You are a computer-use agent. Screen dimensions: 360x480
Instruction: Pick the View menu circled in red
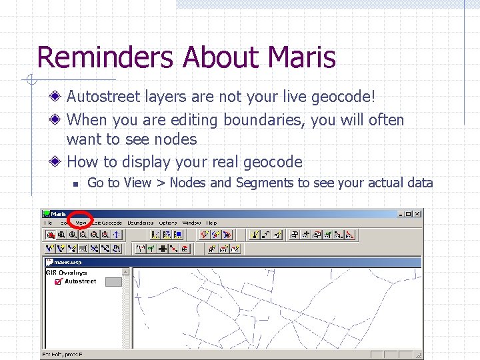[81, 223]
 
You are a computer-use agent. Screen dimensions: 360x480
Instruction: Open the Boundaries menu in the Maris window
[141, 223]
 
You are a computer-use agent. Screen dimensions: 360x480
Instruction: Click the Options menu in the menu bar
[168, 223]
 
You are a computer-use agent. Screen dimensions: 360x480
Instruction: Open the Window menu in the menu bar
[192, 223]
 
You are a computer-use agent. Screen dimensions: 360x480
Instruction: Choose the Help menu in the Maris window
[211, 223]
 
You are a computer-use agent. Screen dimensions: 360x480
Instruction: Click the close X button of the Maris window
[417, 214]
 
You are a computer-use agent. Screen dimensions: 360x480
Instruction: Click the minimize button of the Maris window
[401, 214]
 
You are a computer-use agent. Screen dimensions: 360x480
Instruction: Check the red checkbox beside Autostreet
[58, 282]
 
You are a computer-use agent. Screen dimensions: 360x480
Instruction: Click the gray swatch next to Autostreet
[114, 282]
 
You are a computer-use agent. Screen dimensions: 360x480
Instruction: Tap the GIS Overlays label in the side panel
[66, 273]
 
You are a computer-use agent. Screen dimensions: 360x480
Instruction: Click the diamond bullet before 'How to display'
[59, 162]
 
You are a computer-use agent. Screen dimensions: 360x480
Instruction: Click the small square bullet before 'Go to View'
[76, 183]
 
